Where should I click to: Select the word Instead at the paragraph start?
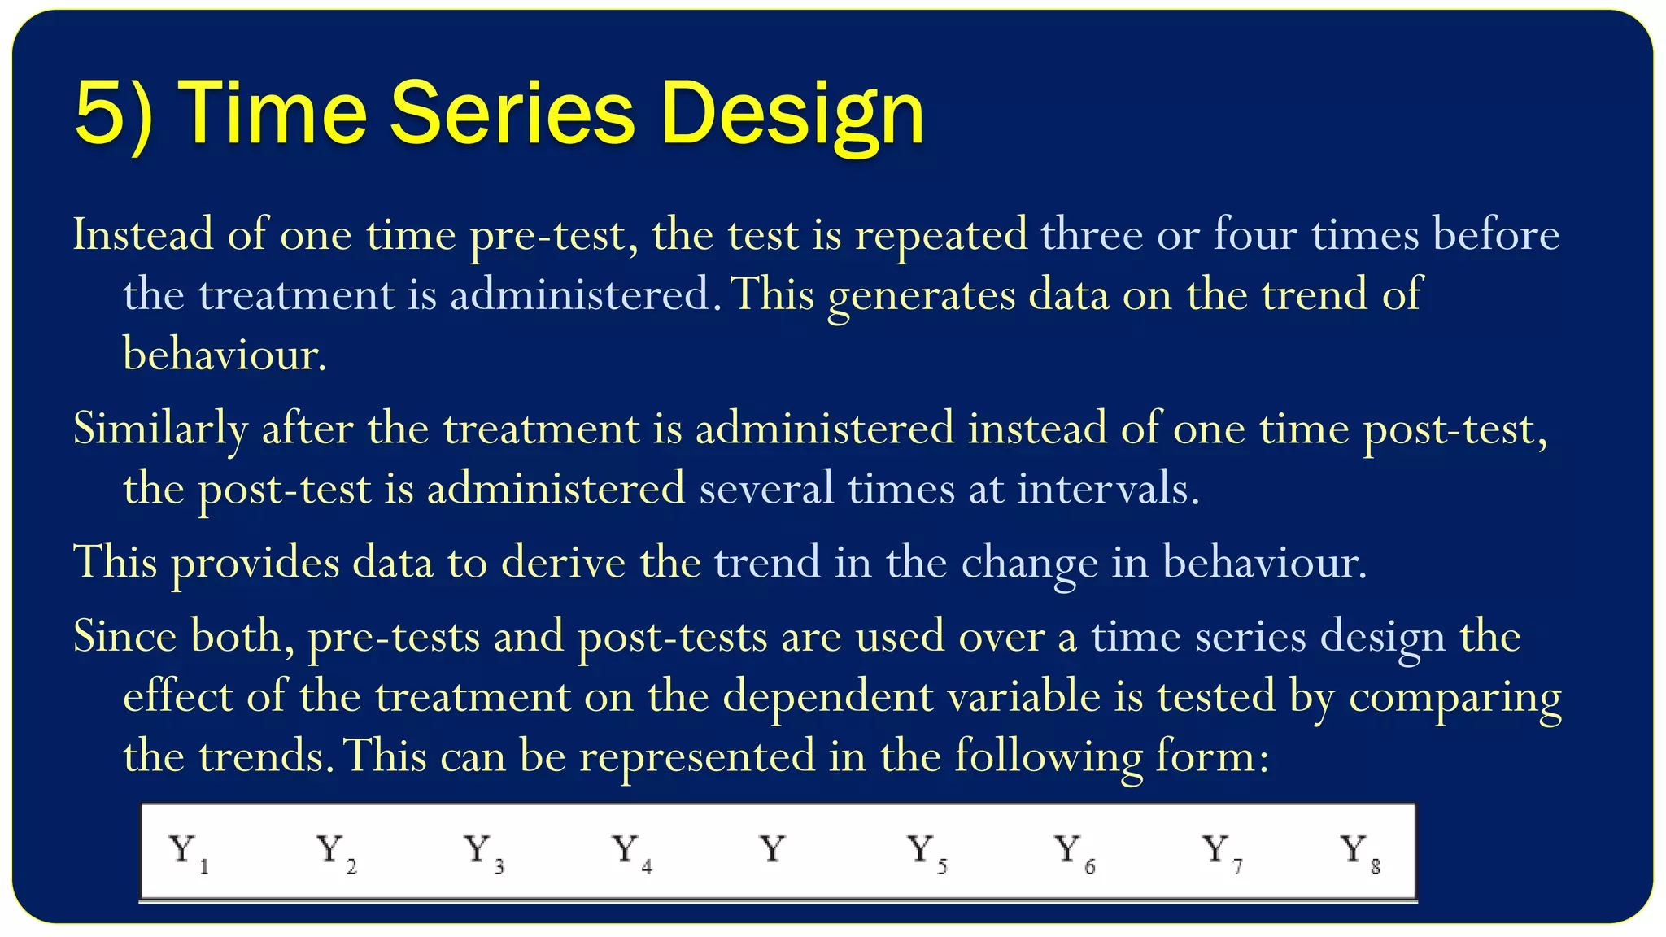pos(143,234)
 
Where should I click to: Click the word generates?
pos(921,295)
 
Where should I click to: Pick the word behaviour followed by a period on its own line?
pos(224,355)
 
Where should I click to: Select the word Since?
pos(124,635)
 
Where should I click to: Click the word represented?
pos(696,756)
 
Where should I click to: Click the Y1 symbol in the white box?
pos(188,852)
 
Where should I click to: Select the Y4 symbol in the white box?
pos(631,852)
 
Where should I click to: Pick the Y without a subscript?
pos(773,849)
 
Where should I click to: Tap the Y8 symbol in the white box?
pos(1359,852)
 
